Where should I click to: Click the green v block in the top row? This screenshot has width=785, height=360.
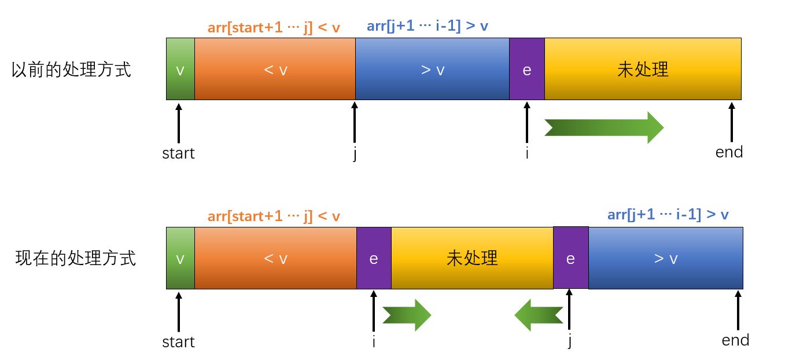pos(180,69)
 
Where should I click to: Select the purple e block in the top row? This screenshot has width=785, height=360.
pos(527,69)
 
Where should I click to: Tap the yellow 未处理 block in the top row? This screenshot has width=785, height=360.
pos(643,69)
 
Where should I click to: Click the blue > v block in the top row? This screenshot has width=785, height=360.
pos(432,69)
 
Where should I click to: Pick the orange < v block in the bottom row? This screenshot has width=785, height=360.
pos(275,258)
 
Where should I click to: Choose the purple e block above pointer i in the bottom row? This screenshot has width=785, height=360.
pos(374,258)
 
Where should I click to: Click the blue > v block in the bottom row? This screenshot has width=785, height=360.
pos(665,258)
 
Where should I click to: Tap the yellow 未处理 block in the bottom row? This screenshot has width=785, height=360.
pos(472,258)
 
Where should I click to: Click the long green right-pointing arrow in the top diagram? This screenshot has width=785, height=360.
pos(604,127)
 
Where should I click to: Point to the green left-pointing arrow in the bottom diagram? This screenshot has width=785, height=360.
pos(539,315)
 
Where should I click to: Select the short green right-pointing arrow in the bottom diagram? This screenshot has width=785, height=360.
pos(407,315)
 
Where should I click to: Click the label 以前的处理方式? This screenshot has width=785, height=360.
pos(72,69)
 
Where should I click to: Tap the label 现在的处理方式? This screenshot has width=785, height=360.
pos(76,258)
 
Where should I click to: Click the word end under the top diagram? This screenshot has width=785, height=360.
pos(729,152)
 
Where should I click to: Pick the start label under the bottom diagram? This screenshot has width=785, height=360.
pos(178,342)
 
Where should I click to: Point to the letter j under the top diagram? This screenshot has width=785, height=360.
pos(355,154)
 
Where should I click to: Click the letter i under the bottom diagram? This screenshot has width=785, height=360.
pos(374,342)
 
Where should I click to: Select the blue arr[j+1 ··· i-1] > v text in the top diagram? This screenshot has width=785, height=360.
pos(427,26)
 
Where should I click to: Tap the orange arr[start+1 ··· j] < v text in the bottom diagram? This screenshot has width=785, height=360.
pos(274,216)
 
